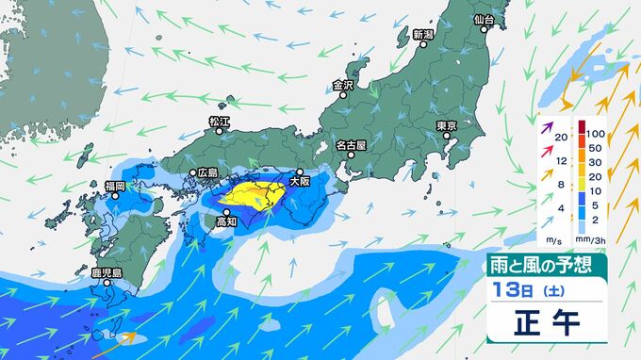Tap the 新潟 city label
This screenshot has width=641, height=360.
422,35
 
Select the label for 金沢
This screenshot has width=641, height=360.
342,85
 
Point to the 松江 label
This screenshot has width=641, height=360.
219,121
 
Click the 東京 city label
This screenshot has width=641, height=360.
446,126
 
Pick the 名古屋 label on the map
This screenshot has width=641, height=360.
353,146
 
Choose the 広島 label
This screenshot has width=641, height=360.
207,173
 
